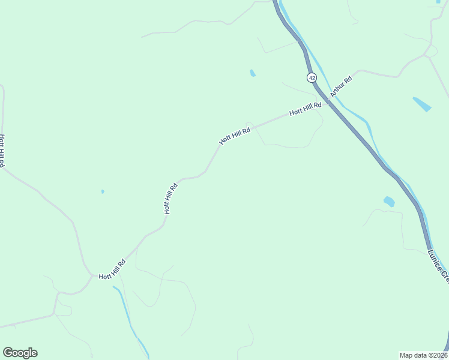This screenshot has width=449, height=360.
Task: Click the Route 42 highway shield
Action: pyautogui.click(x=311, y=78)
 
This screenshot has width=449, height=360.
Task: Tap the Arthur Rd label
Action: pyautogui.click(x=341, y=86)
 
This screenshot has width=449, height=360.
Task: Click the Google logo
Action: pyautogui.click(x=20, y=353)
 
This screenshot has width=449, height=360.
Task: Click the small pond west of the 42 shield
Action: pyautogui.click(x=253, y=73)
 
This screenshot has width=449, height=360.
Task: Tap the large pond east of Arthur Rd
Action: pyautogui.click(x=422, y=104)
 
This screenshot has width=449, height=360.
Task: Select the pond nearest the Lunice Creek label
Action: pyautogui.click(x=389, y=202)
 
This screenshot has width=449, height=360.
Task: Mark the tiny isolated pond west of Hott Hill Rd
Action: pyautogui.click(x=103, y=191)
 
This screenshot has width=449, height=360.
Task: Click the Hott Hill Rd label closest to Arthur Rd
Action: pyautogui.click(x=305, y=109)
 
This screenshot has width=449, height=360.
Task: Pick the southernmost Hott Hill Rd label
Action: pyautogui.click(x=112, y=269)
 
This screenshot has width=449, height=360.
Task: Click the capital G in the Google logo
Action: pyautogui.click(x=8, y=353)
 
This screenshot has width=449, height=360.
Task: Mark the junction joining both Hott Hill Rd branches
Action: pyautogui.click(x=91, y=275)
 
